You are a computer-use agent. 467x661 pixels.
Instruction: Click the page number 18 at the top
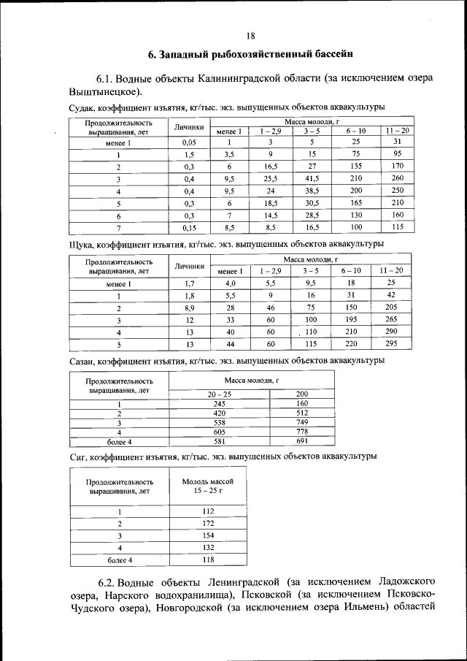pos(250,35)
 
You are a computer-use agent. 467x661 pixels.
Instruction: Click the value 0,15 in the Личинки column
pos(189,227)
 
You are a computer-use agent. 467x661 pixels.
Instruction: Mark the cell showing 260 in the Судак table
pos(397,178)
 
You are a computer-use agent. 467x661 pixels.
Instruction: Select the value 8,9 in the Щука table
pos(189,307)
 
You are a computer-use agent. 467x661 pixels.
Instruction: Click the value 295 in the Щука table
pos(391,343)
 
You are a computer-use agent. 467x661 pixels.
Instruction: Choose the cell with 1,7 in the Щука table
pos(189,283)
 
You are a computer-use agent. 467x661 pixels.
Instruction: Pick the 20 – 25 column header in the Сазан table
pos(219,394)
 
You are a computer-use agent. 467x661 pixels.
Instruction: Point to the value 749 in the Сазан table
pos(302,422)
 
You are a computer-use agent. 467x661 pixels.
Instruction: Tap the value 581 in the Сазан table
pos(219,442)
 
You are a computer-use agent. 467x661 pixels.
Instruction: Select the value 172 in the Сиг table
pos(207,524)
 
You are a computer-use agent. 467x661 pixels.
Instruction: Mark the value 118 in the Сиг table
pos(207,559)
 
